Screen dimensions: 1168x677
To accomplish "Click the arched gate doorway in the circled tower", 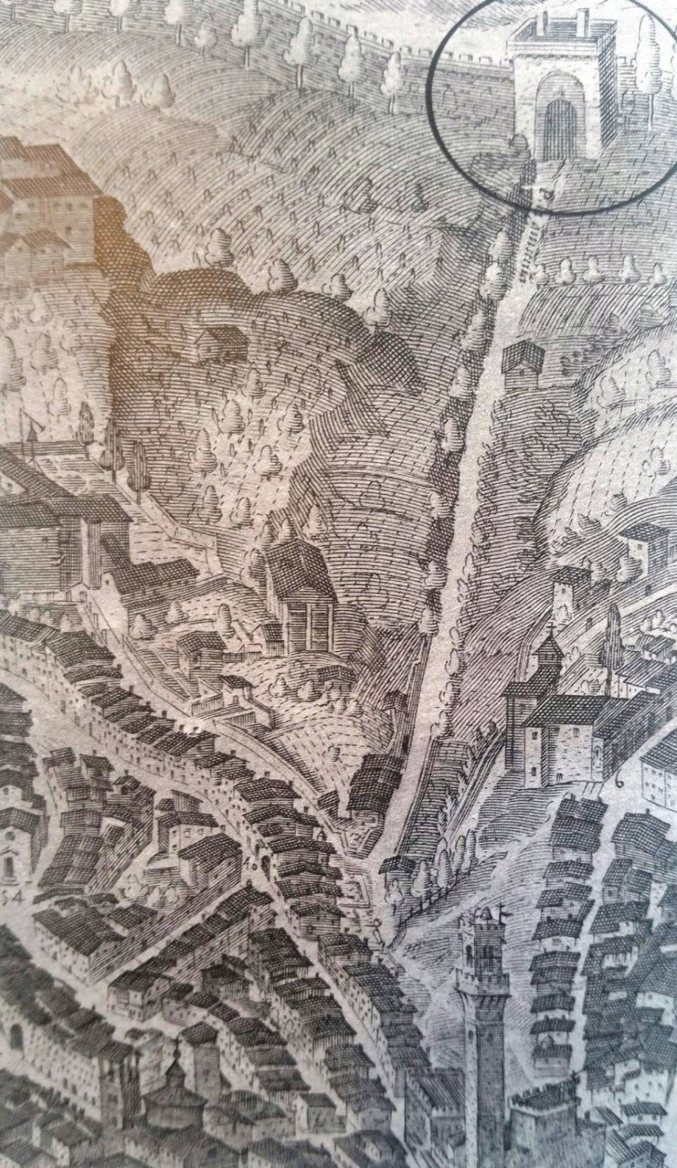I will pyautogui.click(x=559, y=122).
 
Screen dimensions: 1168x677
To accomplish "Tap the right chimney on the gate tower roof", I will pyautogui.click(x=581, y=17).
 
